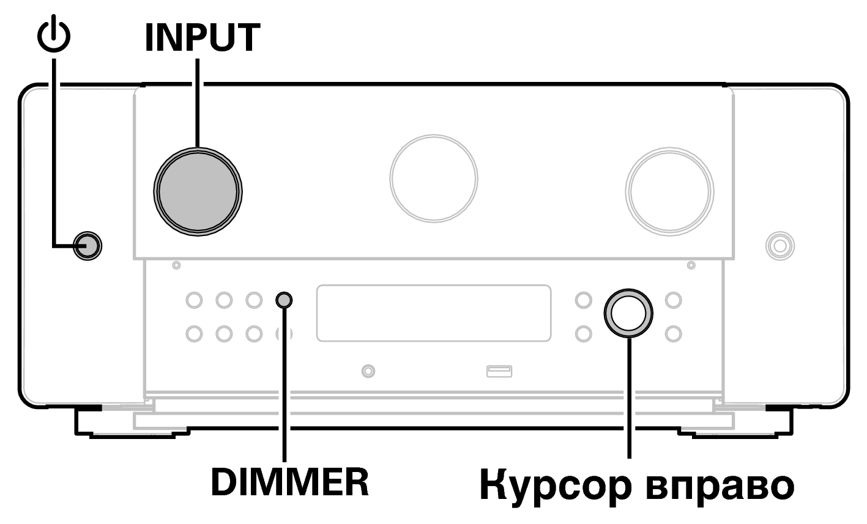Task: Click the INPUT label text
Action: click(x=201, y=38)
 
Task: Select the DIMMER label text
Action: click(x=289, y=483)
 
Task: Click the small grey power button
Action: click(x=87, y=246)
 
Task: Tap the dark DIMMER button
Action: click(x=285, y=300)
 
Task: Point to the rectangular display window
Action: click(x=433, y=312)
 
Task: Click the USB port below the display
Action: click(x=499, y=370)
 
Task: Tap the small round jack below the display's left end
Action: click(x=368, y=370)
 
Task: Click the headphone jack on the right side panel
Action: click(x=780, y=246)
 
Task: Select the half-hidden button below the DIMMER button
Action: click(x=283, y=334)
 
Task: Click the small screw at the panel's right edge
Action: click(x=691, y=265)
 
